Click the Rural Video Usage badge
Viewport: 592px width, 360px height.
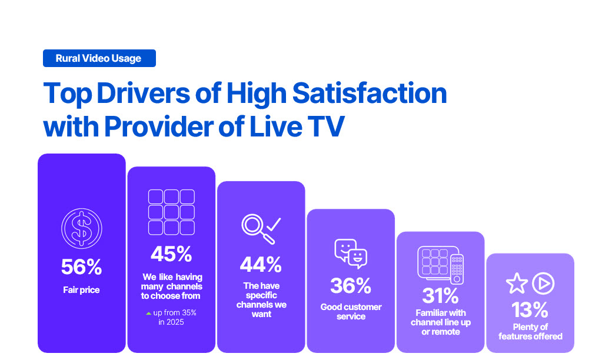(99, 58)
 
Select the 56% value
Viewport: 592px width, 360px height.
(81, 267)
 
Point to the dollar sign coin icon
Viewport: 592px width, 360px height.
(81, 228)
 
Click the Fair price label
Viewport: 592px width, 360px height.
(81, 290)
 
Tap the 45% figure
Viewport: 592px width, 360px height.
(171, 254)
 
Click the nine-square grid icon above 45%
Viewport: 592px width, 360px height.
(171, 212)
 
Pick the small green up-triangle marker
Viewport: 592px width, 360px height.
(149, 312)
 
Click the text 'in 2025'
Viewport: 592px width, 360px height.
(171, 322)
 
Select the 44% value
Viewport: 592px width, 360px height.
(261, 264)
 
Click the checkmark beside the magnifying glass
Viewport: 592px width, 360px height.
(274, 224)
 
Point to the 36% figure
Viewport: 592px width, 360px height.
(351, 286)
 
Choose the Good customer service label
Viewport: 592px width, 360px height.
(351, 312)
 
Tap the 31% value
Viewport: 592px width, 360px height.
(440, 295)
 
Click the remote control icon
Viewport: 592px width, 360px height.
(457, 268)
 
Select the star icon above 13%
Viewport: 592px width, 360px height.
(517, 284)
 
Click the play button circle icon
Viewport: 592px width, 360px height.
(543, 284)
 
